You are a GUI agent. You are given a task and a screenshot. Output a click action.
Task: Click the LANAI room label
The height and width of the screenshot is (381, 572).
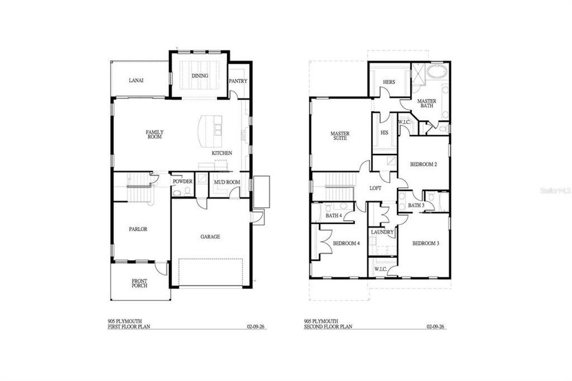pyautogui.click(x=136, y=80)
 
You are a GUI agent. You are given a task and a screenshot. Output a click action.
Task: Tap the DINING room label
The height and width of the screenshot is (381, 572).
pyautogui.click(x=200, y=76)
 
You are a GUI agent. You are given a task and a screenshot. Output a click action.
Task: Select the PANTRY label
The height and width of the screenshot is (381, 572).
pyautogui.click(x=238, y=81)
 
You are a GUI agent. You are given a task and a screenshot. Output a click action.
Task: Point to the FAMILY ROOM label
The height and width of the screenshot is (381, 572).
pyautogui.click(x=154, y=134)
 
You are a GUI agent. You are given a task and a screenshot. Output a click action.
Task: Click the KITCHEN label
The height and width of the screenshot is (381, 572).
pyautogui.click(x=222, y=153)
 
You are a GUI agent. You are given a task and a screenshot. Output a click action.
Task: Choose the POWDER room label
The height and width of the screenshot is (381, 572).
pyautogui.click(x=183, y=182)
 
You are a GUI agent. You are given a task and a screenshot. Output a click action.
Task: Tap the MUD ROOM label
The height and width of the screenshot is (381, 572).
pyautogui.click(x=227, y=182)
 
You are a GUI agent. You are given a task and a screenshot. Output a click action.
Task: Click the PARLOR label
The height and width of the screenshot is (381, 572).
pyautogui.click(x=138, y=229)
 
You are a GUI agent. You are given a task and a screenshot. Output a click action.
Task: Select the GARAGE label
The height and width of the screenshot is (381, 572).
pyautogui.click(x=210, y=237)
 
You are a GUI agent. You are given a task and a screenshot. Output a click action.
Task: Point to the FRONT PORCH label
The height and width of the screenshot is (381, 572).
pyautogui.click(x=139, y=283)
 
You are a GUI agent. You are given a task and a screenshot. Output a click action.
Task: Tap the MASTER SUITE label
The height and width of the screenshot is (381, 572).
pyautogui.click(x=340, y=136)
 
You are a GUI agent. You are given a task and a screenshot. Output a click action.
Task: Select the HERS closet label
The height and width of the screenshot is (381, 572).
pyautogui.click(x=388, y=82)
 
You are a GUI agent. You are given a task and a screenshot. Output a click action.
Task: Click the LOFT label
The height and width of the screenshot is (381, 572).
pyautogui.click(x=375, y=188)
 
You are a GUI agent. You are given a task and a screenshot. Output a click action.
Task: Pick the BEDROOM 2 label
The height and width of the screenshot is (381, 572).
pyautogui.click(x=423, y=164)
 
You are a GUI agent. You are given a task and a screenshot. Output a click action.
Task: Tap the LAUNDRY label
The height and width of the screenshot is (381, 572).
pyautogui.click(x=383, y=232)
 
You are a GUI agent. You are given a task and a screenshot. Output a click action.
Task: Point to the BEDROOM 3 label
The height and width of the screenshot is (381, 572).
pyautogui.click(x=425, y=243)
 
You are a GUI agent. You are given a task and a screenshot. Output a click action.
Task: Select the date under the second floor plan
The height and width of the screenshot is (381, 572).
pyautogui.click(x=435, y=327)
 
